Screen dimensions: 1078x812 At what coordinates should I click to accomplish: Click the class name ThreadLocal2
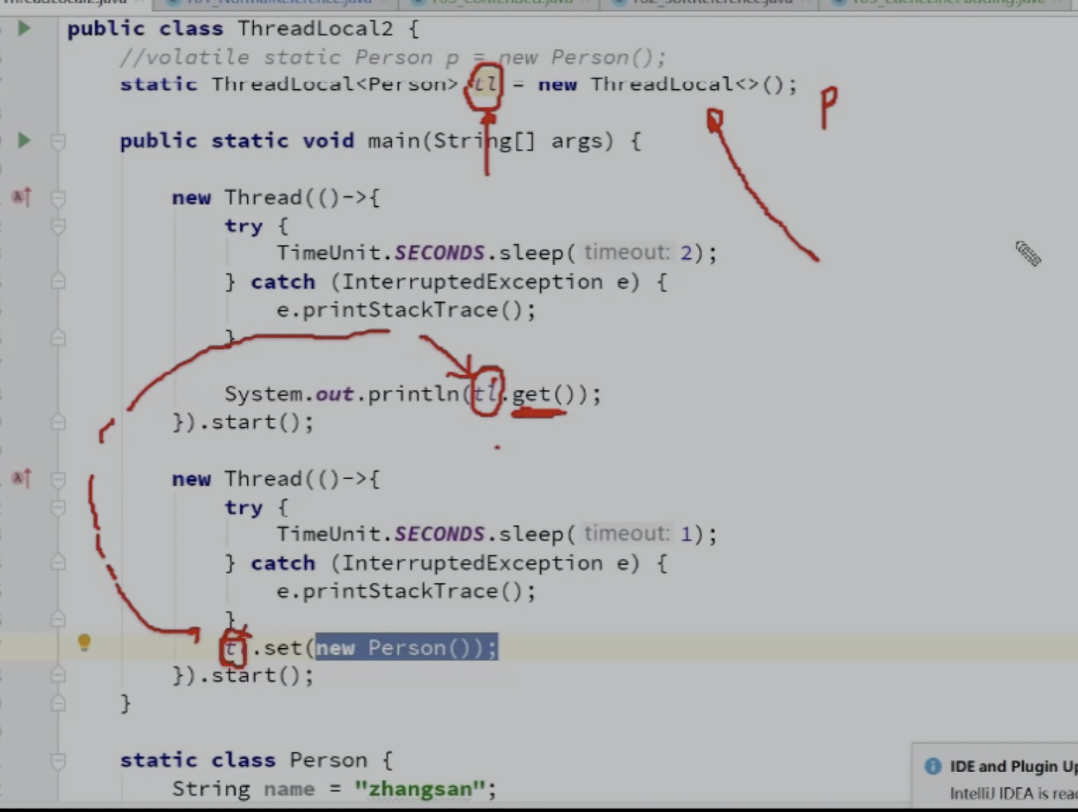pos(314,29)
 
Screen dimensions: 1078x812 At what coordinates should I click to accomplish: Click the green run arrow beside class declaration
pos(24,28)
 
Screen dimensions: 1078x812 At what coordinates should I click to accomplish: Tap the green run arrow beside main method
pos(24,140)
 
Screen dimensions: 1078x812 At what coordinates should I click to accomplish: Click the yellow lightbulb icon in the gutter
pos(84,642)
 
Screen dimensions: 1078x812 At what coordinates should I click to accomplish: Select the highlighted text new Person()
pos(405,648)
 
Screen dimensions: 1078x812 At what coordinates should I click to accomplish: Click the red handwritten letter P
pos(828,107)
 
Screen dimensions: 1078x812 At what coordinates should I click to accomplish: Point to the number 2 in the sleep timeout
pos(686,252)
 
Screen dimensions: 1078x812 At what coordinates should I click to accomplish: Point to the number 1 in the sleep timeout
pos(686,534)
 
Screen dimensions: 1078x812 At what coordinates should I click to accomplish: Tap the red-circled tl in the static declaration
pos(485,85)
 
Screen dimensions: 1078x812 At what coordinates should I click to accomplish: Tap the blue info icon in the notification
pos(932,766)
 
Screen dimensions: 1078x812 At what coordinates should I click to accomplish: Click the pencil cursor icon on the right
pos(1027,253)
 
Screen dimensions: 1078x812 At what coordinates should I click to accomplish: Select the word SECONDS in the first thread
pos(439,252)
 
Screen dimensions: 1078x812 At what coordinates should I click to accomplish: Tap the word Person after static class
pos(328,760)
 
